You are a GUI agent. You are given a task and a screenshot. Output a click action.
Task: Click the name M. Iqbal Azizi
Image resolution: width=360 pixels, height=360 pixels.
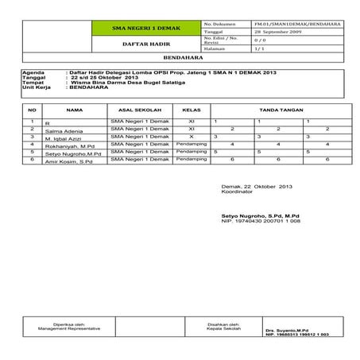point(64,139)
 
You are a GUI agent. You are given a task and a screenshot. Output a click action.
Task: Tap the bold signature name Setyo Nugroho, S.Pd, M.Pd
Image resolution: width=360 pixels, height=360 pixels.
point(260,215)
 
